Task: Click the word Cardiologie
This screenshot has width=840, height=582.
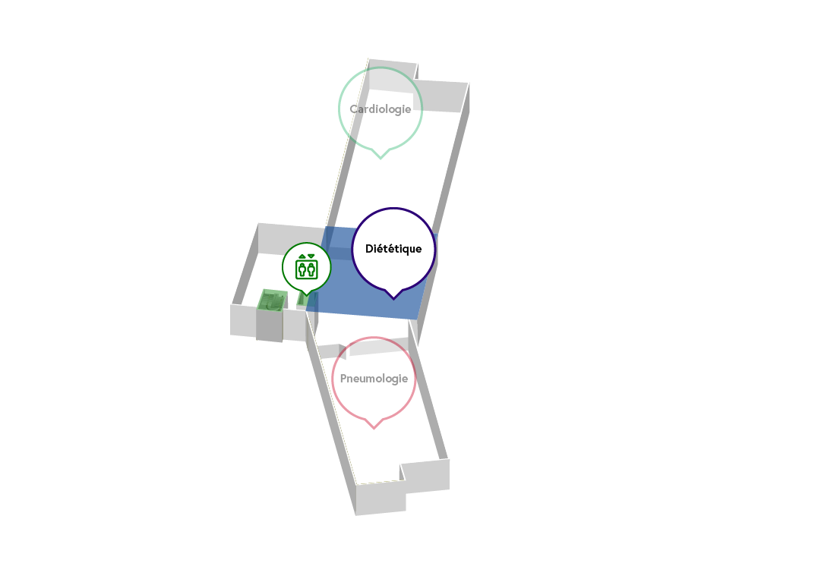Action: (381, 109)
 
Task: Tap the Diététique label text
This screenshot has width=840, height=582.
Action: (393, 248)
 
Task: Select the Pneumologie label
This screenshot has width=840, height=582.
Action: (374, 379)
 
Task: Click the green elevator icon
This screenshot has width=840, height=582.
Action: (306, 266)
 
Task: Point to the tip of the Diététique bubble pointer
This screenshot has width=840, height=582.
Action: (393, 299)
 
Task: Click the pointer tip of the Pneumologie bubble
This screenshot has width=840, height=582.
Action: (374, 429)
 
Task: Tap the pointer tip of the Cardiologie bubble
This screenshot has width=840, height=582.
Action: (381, 159)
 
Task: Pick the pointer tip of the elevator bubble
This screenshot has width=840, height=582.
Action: (306, 295)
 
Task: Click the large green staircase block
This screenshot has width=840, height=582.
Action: (272, 300)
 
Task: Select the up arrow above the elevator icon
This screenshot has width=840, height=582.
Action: (302, 256)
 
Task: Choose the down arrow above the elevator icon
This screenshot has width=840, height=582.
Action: (311, 256)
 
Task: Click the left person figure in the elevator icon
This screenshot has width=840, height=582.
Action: (302, 269)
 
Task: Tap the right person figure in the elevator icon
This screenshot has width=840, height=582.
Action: (311, 269)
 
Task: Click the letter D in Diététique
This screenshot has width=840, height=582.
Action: (368, 248)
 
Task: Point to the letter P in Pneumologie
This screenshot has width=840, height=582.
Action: (343, 379)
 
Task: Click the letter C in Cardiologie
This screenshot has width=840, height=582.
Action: (354, 109)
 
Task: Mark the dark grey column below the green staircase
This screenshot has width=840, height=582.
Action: (269, 326)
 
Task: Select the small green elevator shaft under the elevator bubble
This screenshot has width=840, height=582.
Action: (302, 300)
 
